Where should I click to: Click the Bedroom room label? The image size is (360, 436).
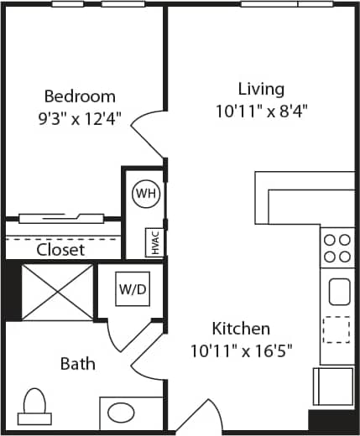[80, 96]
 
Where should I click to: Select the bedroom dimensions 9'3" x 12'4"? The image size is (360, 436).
[80, 118]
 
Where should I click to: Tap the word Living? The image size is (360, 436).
[261, 89]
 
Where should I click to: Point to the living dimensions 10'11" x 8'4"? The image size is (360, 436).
[261, 111]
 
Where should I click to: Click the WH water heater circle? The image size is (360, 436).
[146, 194]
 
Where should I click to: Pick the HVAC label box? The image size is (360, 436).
[154, 243]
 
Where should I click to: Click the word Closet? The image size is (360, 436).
[60, 250]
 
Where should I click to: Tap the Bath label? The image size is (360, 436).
[77, 364]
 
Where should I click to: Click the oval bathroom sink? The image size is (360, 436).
[123, 413]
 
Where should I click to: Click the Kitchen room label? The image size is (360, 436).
[241, 328]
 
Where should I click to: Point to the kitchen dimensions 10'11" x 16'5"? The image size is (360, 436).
[241, 349]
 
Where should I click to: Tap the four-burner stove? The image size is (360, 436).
[337, 248]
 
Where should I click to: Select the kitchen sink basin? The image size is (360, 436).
[339, 292]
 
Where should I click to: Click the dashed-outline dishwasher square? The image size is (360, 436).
[337, 329]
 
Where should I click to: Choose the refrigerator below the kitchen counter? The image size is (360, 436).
[333, 387]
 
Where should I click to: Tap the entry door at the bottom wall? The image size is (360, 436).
[200, 418]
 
